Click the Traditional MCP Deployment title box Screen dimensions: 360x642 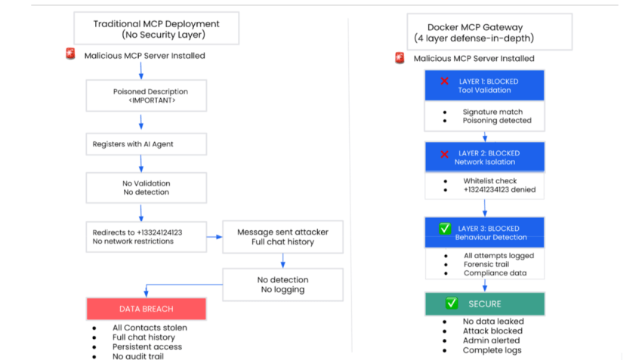click(156, 29)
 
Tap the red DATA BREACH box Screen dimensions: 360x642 click(146, 309)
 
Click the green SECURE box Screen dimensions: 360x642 click(483, 303)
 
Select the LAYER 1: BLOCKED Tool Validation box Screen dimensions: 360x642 click(483, 85)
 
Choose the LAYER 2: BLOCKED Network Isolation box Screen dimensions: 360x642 click(483, 157)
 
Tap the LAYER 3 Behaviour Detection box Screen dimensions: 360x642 click(483, 232)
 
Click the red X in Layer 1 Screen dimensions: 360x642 click(445, 81)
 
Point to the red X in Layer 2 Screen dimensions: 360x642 click(445, 153)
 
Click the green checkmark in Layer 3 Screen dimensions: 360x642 click(445, 228)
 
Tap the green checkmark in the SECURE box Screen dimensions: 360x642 click(452, 303)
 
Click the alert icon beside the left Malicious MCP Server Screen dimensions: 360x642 click(71, 54)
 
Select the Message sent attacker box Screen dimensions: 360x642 click(282, 237)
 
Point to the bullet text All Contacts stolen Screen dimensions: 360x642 click(150, 328)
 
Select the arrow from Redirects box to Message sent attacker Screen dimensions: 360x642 click(214, 237)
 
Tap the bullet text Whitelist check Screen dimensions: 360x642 click(491, 181)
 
